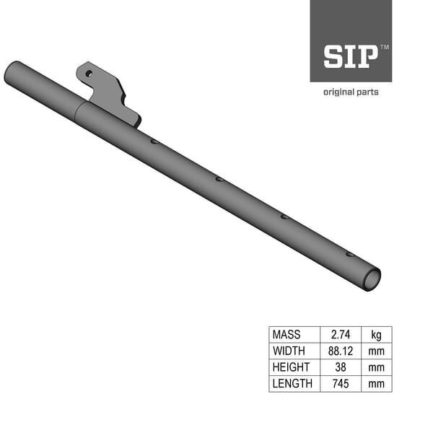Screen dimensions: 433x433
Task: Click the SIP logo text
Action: point(351,56)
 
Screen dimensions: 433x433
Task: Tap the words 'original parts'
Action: point(351,92)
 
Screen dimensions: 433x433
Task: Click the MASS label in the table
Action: point(287,334)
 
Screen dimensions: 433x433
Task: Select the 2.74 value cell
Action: point(341,334)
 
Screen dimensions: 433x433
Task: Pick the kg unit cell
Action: point(377,335)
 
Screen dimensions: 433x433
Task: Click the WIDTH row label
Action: point(289,351)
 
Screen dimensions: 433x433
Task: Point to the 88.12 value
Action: point(341,351)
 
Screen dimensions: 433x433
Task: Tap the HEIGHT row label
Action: point(291,367)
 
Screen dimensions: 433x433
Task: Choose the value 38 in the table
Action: point(341,367)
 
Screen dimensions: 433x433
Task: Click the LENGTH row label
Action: point(292,384)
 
